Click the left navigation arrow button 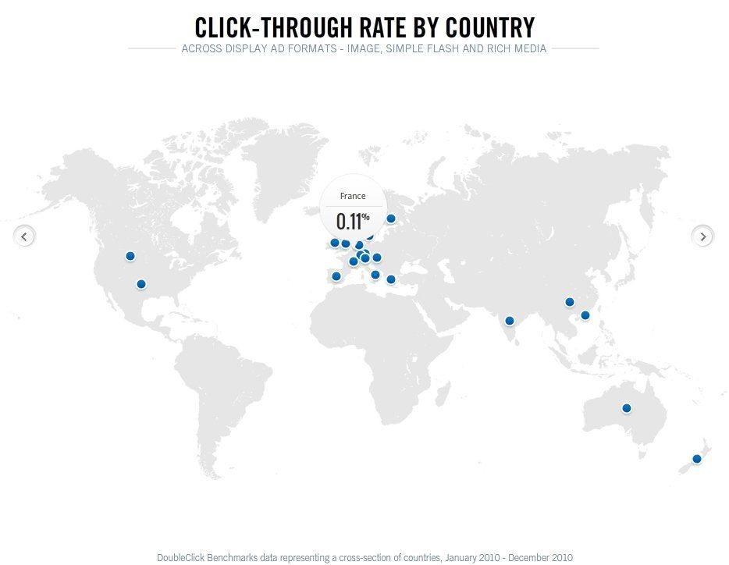(x=25, y=236)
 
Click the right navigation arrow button (x=703, y=236)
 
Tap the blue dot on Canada (x=130, y=256)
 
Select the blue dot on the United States (x=141, y=284)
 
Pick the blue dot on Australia (x=626, y=408)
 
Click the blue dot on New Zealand (x=697, y=459)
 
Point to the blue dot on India (x=510, y=321)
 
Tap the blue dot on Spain (x=336, y=276)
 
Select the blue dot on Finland (x=391, y=219)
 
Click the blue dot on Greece (x=391, y=279)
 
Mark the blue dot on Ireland (x=335, y=243)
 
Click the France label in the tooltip (x=353, y=197)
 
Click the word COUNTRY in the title (x=490, y=28)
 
